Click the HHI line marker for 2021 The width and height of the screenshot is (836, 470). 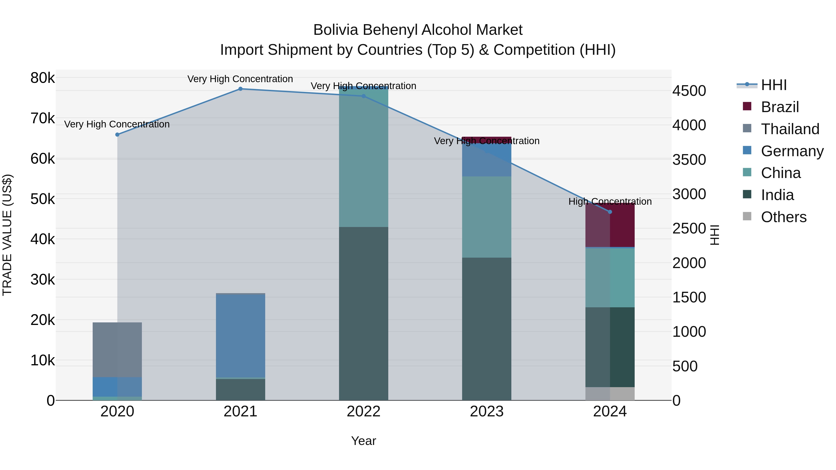tap(241, 89)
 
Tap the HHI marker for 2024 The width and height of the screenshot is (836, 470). tap(610, 212)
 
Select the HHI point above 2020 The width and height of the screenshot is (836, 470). tap(118, 135)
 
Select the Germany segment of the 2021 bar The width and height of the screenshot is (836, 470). tap(241, 336)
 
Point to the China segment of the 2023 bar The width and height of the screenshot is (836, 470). tap(487, 217)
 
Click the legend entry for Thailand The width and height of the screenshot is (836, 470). tap(790, 129)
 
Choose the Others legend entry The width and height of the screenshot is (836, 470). tap(784, 217)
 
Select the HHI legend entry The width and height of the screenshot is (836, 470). tap(774, 85)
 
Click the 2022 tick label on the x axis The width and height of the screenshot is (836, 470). tap(363, 412)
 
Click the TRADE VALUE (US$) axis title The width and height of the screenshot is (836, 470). tap(7, 235)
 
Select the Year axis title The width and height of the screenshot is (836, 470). tap(363, 441)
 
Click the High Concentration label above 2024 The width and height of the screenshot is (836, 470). tap(610, 201)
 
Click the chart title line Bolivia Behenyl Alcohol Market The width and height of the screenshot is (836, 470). tap(418, 30)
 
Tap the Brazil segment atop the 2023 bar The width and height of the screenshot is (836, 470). tap(487, 140)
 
